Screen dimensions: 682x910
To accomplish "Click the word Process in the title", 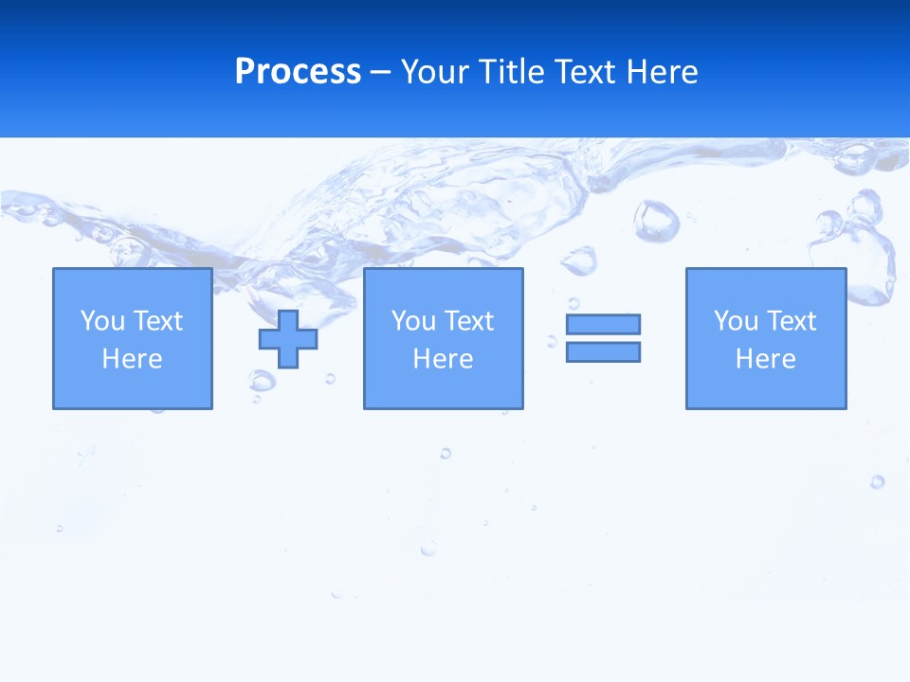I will tap(298, 72).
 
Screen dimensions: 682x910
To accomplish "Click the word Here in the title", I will tap(663, 72).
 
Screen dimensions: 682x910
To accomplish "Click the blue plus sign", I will tap(288, 339).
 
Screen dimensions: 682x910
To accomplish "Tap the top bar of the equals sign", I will tap(603, 324).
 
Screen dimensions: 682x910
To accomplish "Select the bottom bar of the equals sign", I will tap(603, 351).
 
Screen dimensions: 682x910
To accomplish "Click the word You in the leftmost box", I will tap(102, 321).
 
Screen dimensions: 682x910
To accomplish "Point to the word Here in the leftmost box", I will tap(133, 359).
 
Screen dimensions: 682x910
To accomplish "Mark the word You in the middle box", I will tap(413, 321).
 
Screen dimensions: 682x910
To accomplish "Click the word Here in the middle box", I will tap(444, 359).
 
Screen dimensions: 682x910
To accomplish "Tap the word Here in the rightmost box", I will tap(766, 359).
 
